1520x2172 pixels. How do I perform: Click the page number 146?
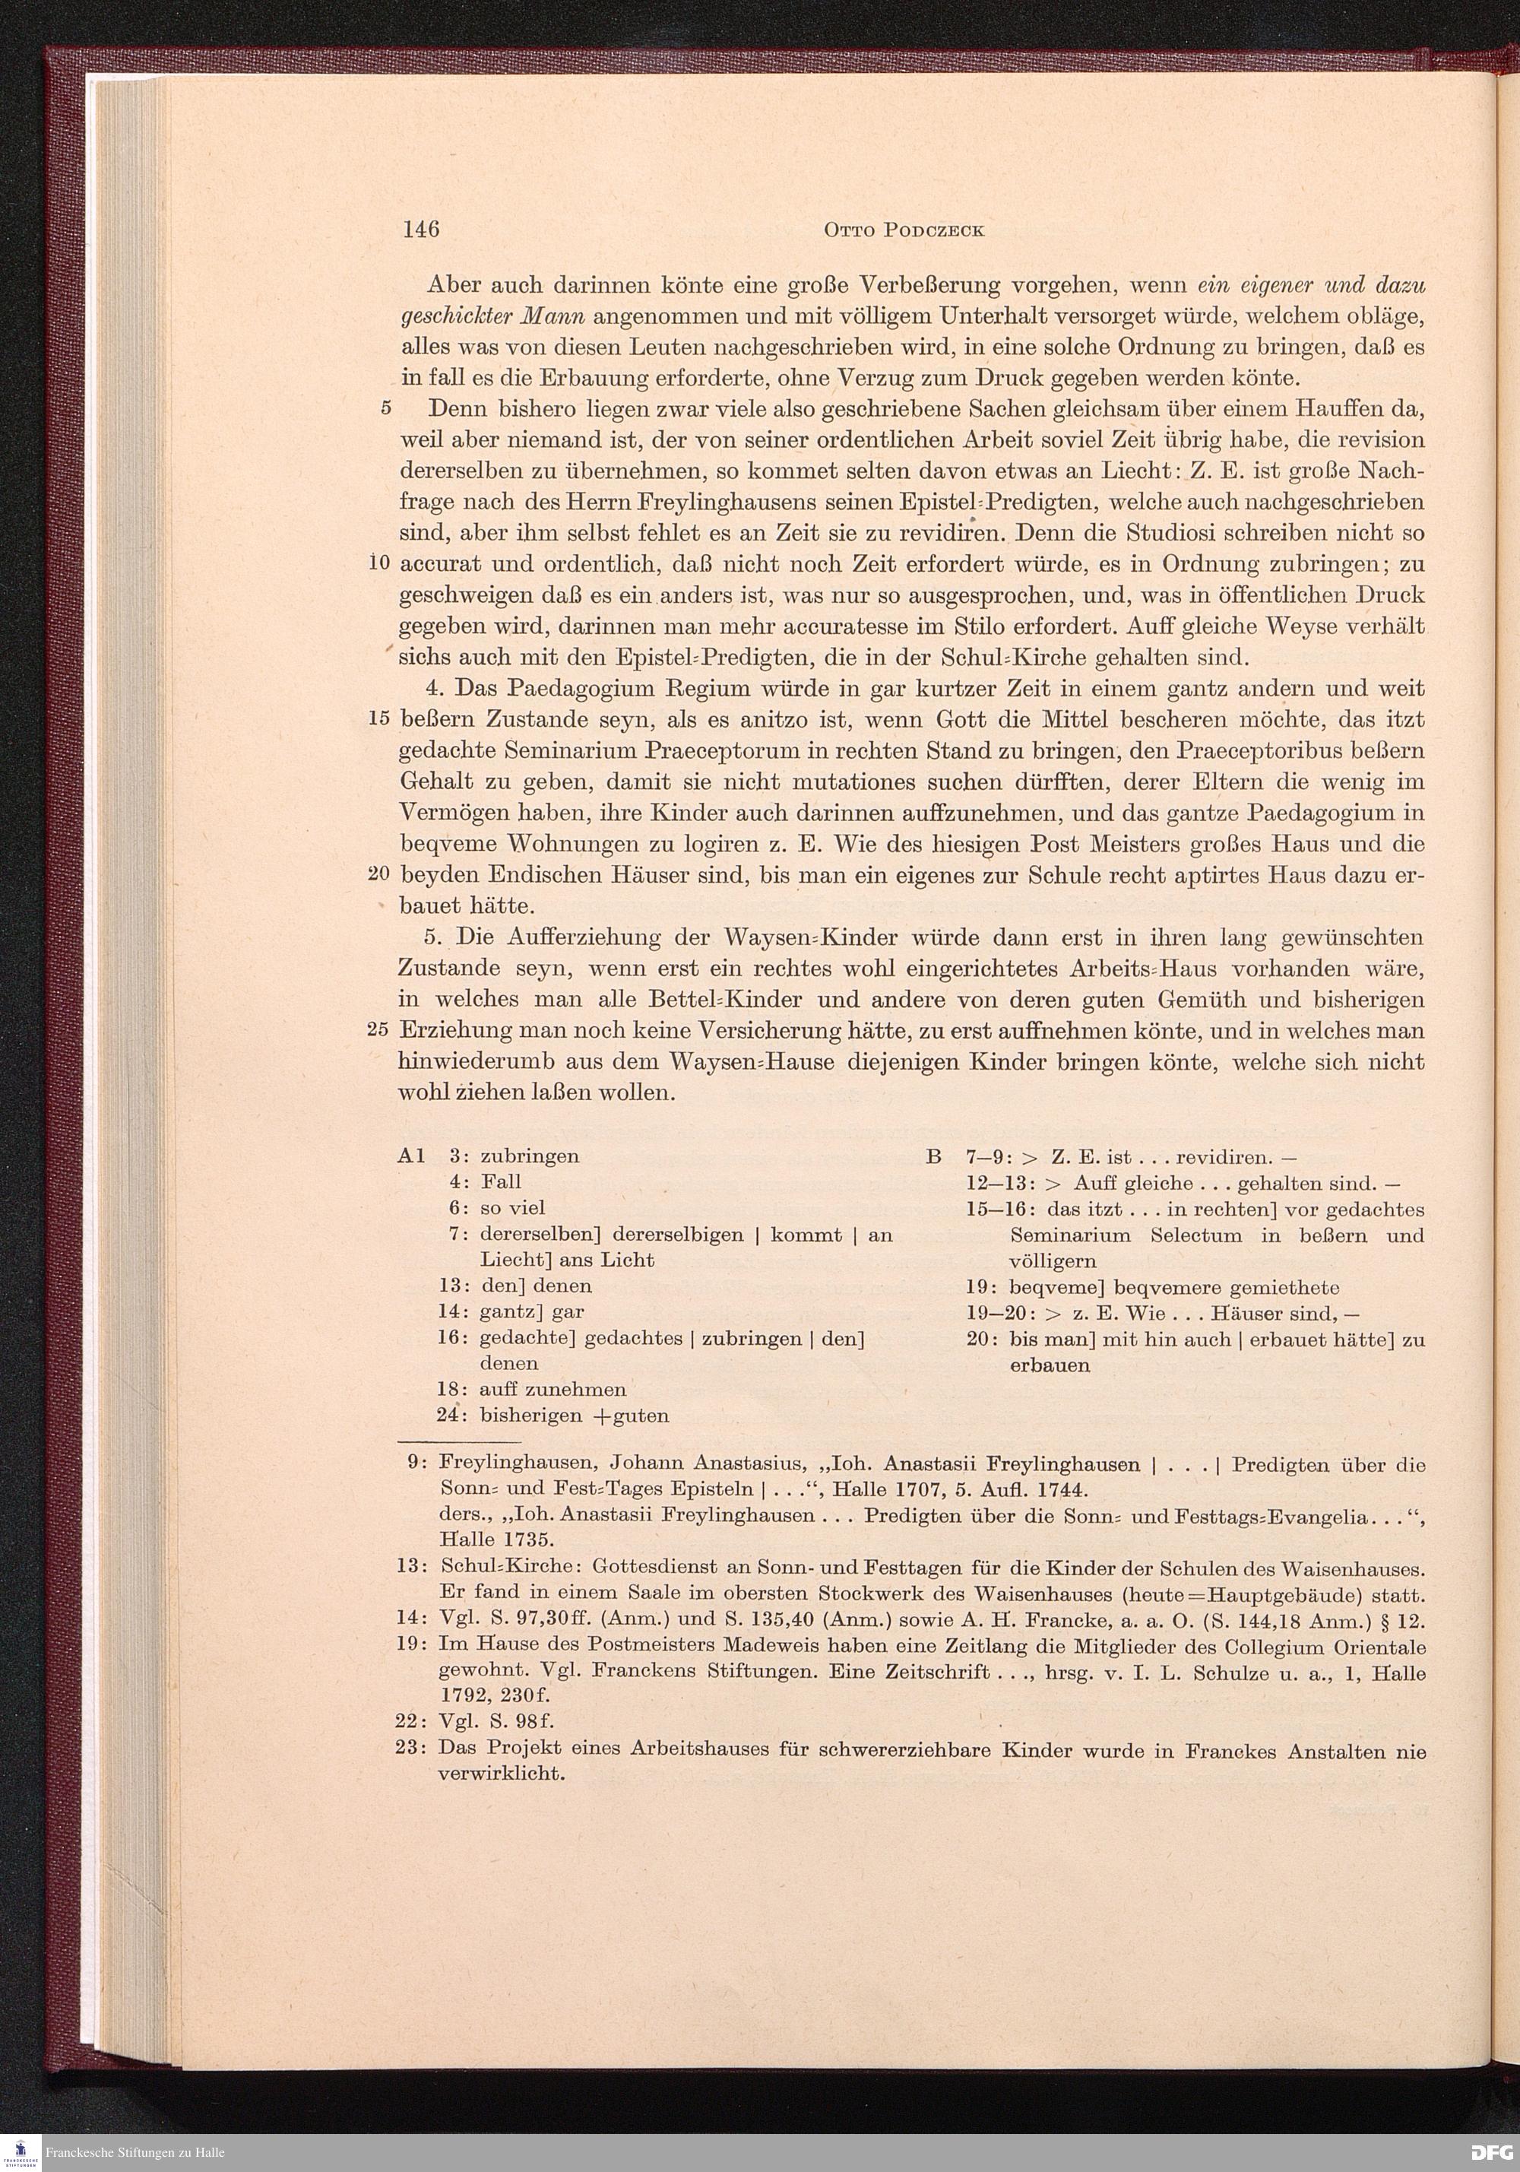tap(420, 230)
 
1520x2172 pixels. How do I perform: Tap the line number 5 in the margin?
tap(386, 410)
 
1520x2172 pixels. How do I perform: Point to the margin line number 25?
tap(378, 1031)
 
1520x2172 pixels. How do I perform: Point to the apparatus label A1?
tap(413, 1156)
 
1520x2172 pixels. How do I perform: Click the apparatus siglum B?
tap(933, 1156)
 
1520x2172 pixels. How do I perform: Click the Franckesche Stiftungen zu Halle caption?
tap(135, 2153)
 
